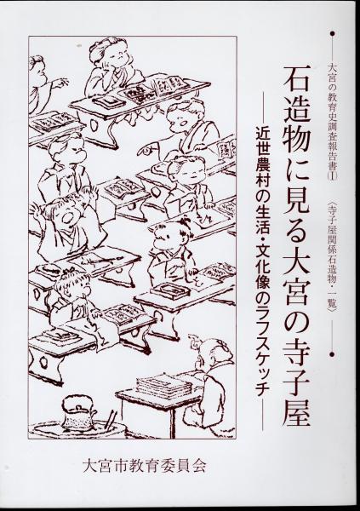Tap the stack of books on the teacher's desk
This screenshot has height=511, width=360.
(x=163, y=385)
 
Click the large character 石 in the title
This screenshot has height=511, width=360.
(x=297, y=81)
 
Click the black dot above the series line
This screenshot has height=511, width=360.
(x=333, y=33)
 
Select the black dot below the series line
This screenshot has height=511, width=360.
(x=333, y=353)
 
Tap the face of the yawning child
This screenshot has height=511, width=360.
(x=65, y=216)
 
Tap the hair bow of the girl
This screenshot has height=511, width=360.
(x=68, y=270)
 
